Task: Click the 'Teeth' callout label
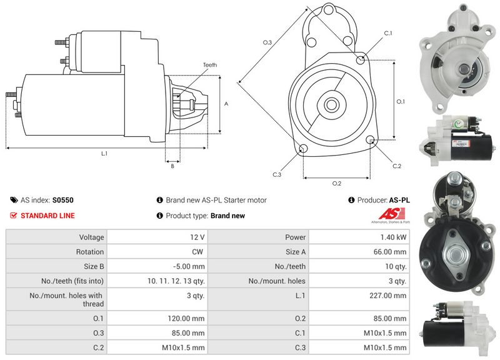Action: (x=209, y=65)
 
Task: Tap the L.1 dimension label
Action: (x=104, y=154)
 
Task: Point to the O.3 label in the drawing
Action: (x=267, y=42)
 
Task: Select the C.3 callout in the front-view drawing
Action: (x=277, y=174)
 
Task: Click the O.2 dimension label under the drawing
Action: (x=337, y=183)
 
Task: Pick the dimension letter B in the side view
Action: (x=172, y=166)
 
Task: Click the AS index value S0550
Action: (x=62, y=201)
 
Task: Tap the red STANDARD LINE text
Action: (x=47, y=216)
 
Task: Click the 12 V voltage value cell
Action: (x=198, y=237)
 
